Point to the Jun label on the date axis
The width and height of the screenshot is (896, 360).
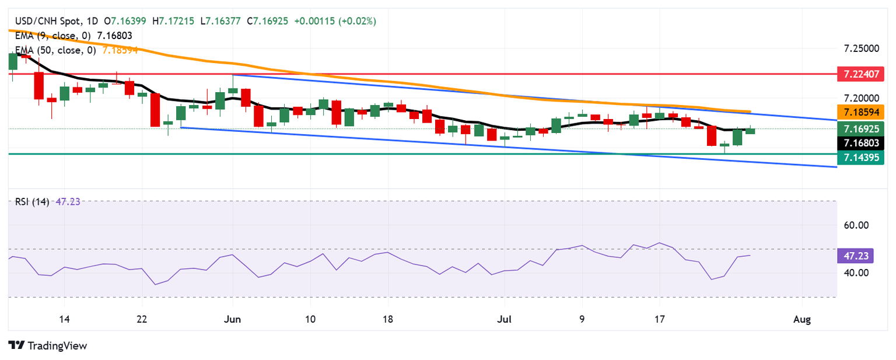tap(233, 319)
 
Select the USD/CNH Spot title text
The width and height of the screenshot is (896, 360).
tap(44, 21)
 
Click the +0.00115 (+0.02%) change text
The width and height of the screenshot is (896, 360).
tap(335, 21)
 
